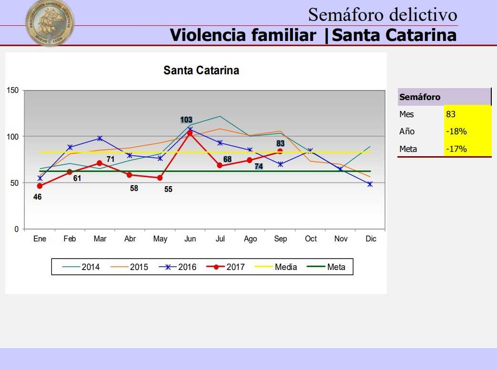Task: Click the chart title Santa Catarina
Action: (201, 70)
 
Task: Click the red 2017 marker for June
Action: (190, 133)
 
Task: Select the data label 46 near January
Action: (37, 196)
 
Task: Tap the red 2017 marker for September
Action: (280, 151)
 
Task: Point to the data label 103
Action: (186, 120)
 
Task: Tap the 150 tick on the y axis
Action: (13, 90)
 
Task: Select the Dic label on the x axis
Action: (371, 239)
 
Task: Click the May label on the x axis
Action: (160, 239)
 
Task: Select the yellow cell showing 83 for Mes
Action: (467, 114)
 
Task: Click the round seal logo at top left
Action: (50, 23)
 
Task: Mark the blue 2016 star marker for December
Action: (370, 184)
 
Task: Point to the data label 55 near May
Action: (168, 189)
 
